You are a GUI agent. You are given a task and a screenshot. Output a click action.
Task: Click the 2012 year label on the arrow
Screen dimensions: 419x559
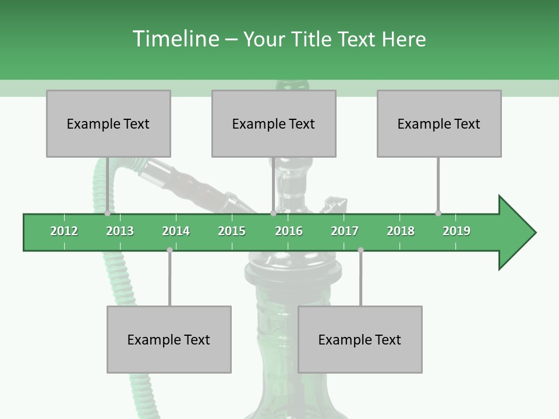coord(64,231)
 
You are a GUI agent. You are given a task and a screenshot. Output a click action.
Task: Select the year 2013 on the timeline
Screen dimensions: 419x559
coord(120,231)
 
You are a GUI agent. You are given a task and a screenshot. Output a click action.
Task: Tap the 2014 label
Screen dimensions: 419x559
coord(176,231)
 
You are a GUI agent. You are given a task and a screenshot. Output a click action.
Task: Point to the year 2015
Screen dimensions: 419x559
coord(232,231)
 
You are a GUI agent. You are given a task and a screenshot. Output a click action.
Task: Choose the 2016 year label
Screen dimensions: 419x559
coord(289,231)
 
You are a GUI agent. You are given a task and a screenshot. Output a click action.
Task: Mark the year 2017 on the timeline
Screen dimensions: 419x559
coord(345,231)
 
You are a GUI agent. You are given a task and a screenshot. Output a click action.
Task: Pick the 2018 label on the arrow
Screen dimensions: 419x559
coord(401,231)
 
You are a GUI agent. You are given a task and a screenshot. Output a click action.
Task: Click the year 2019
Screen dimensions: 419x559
coord(457,231)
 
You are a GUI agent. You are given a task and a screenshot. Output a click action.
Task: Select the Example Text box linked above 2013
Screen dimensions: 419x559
coord(108,123)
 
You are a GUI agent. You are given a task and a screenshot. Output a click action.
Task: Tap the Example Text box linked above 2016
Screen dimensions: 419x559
coord(274,123)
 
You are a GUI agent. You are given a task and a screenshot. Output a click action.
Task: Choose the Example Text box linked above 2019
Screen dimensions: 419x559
coord(439,123)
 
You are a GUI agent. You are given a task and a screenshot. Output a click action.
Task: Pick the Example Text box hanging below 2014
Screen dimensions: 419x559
coord(169,339)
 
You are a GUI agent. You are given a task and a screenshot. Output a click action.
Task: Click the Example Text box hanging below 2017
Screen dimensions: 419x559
coord(360,339)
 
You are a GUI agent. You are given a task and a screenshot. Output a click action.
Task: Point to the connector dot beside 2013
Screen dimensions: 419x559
coord(108,214)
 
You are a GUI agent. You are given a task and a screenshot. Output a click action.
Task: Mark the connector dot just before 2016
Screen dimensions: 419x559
coord(273,214)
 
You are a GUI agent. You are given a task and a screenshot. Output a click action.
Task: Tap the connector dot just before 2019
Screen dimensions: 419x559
coord(438,214)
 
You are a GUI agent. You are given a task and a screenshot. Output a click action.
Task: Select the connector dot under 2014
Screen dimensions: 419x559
coord(169,250)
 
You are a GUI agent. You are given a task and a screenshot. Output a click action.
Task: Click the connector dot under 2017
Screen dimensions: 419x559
coord(360,250)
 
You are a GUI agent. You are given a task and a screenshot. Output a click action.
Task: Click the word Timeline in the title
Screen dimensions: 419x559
coord(175,39)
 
